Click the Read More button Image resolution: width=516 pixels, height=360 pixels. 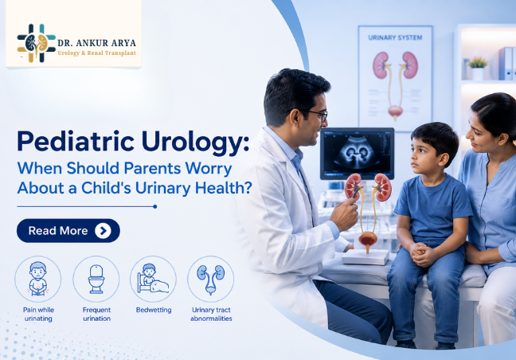point(68,231)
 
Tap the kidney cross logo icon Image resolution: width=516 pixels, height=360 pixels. point(36,43)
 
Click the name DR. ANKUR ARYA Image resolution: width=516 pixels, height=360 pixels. point(97,43)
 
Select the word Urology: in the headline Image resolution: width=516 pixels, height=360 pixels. point(195,142)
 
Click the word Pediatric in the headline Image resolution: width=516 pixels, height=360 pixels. point(76,141)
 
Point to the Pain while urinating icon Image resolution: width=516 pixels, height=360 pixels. point(38,279)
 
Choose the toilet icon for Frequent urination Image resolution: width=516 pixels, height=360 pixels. point(96,279)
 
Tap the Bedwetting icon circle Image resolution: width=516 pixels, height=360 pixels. point(154,279)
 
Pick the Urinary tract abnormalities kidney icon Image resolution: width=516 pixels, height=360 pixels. point(210,279)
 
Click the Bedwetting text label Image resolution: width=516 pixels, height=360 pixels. point(154,310)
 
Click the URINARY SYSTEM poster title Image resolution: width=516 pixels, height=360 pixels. point(395,38)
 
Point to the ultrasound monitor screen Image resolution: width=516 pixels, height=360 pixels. point(357,154)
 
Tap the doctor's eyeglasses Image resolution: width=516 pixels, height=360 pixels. point(315,115)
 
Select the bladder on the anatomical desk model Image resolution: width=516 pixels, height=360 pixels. point(368,239)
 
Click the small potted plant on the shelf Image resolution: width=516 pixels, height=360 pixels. point(478,68)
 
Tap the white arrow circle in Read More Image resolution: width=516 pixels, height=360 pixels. point(103,231)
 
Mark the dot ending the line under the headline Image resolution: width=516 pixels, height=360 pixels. point(155,206)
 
